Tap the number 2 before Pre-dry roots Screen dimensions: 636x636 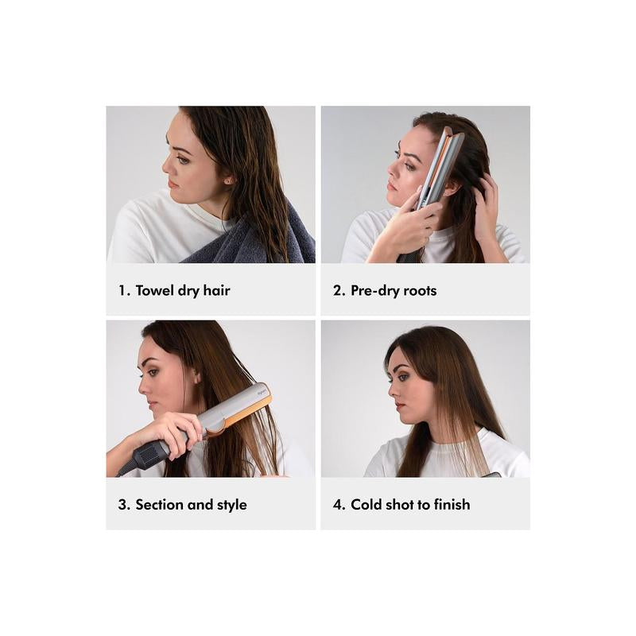[336, 290]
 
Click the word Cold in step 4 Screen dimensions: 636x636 [367, 505]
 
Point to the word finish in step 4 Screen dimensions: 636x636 [449, 505]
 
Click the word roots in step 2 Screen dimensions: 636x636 [417, 290]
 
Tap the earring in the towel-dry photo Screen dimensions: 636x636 [230, 180]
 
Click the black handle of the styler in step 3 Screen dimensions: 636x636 [147, 456]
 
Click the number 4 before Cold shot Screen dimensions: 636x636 [337, 505]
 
